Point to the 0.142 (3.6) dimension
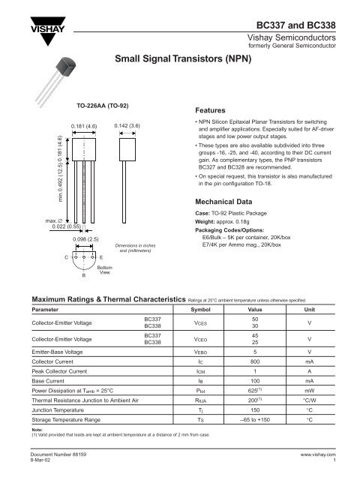124,124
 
